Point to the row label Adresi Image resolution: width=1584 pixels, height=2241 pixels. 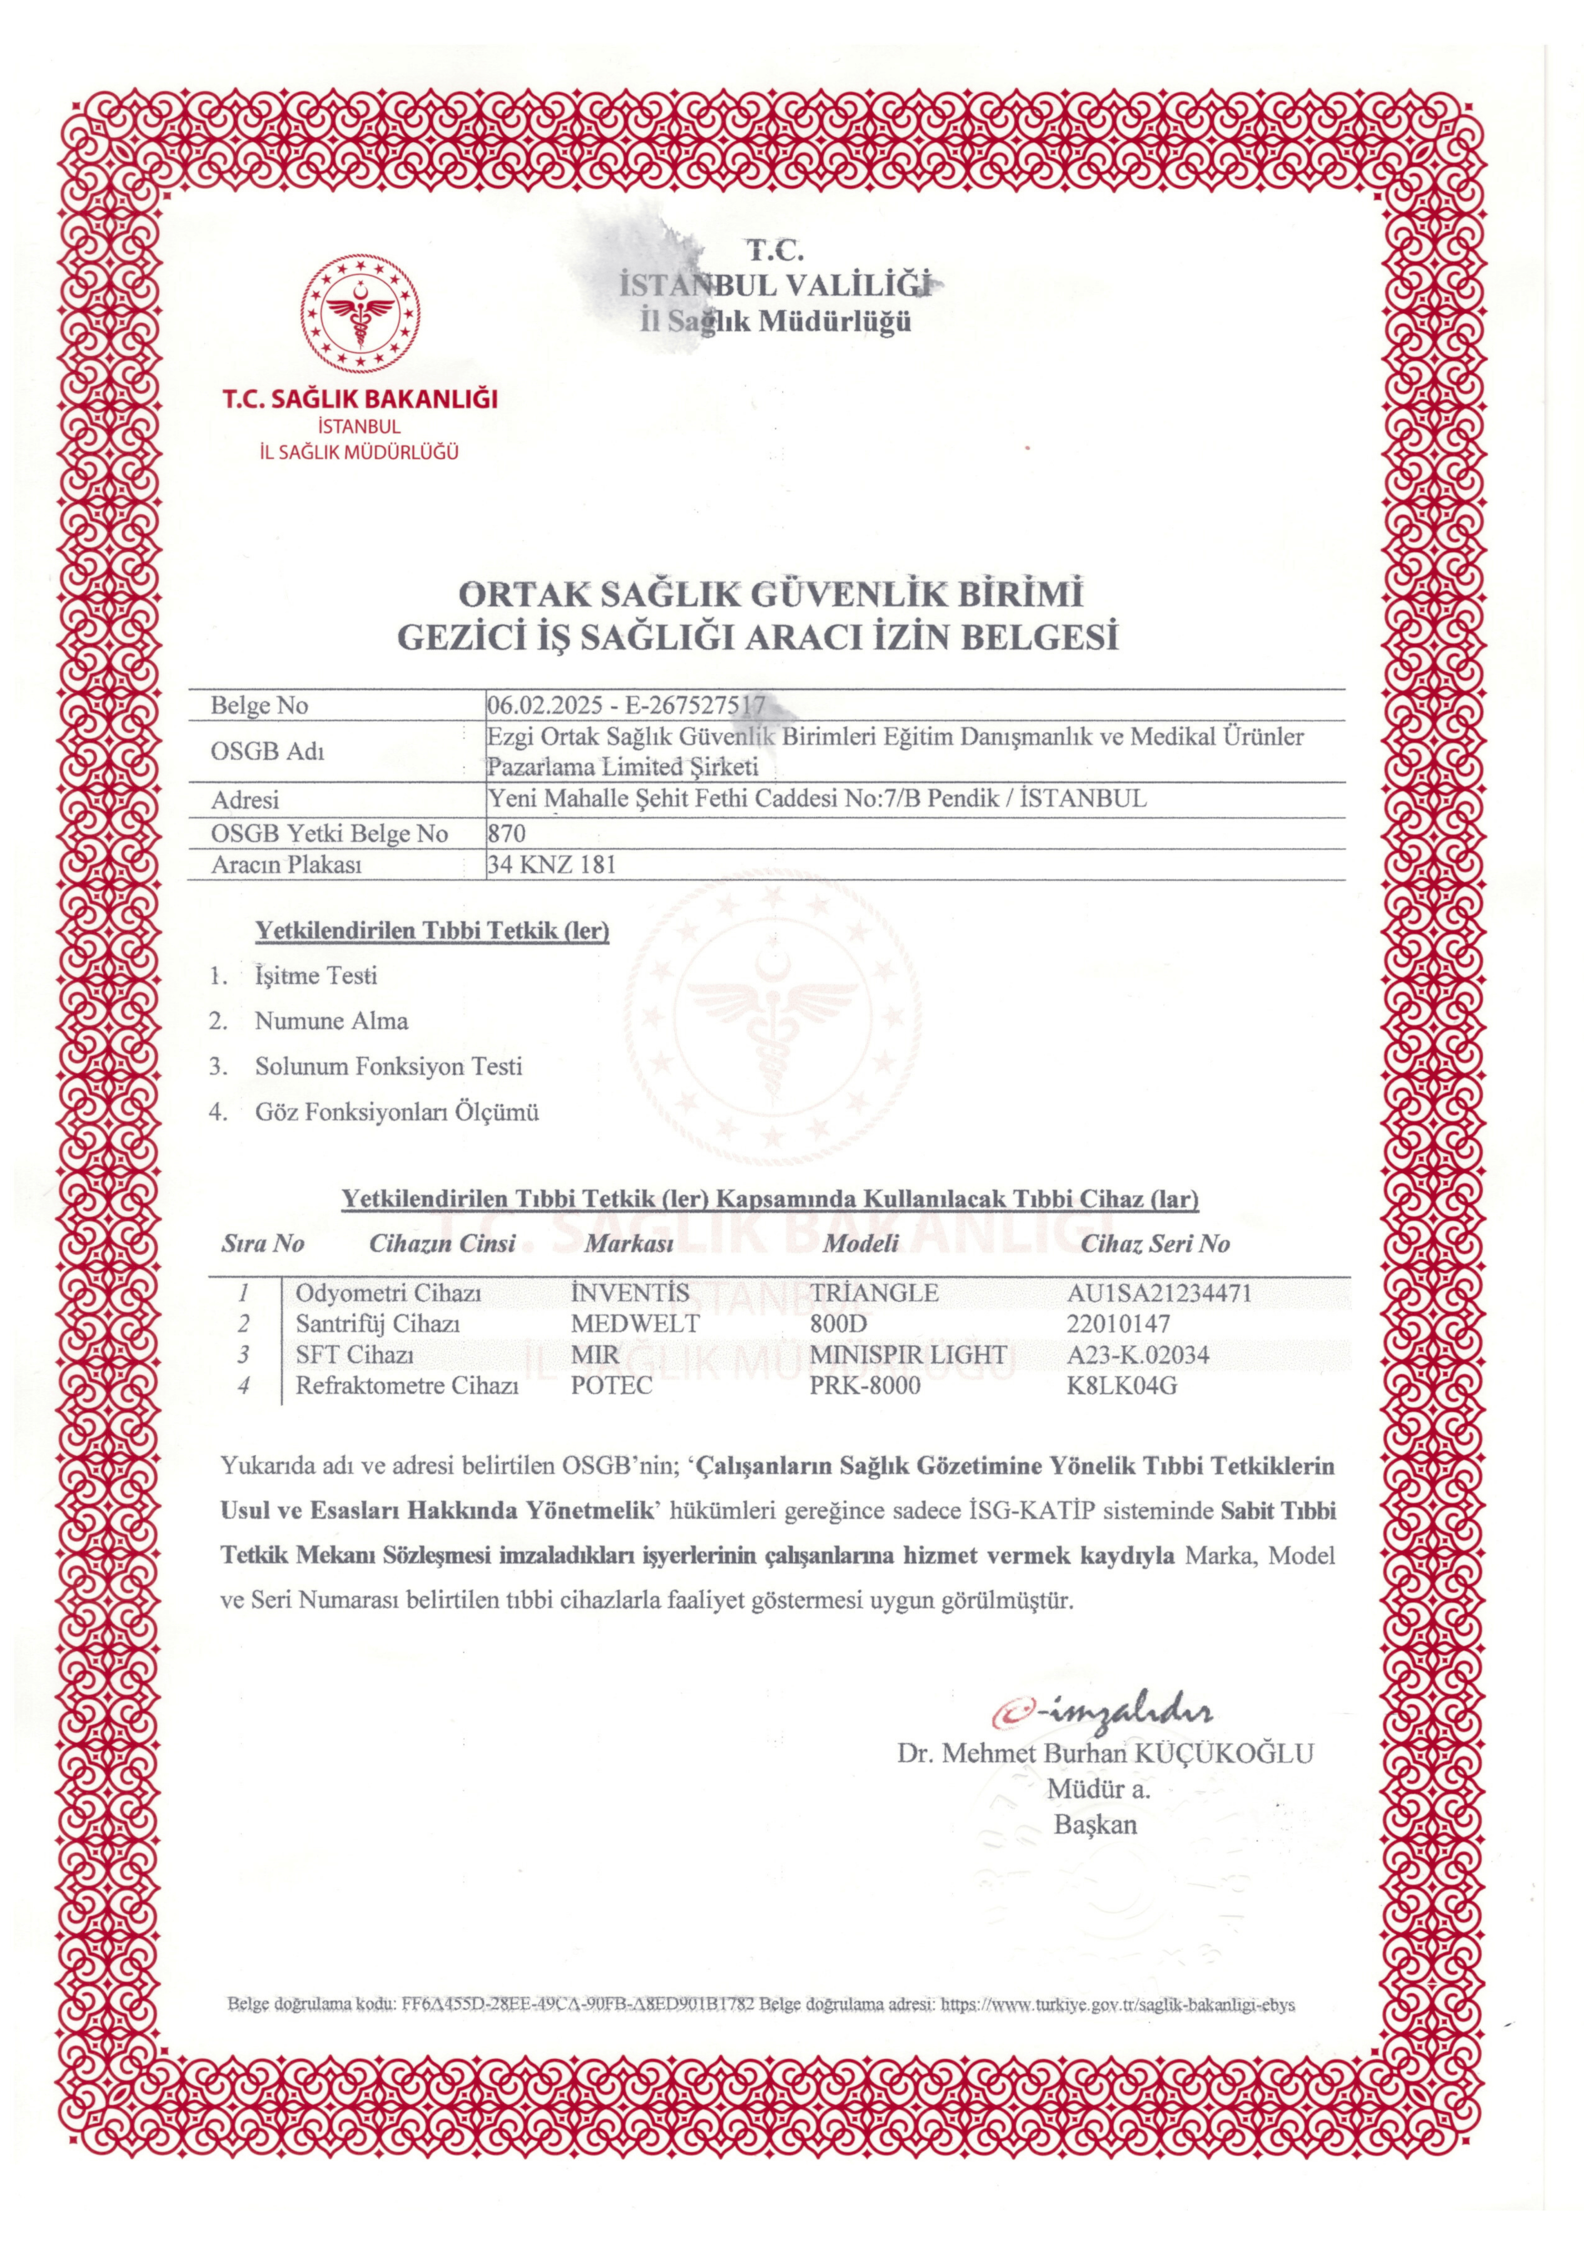tap(245, 800)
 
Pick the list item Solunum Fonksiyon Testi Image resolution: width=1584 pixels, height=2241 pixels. tap(389, 1066)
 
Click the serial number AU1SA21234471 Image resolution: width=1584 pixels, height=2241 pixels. tap(1160, 1293)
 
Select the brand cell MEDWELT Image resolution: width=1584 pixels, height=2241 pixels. tap(636, 1325)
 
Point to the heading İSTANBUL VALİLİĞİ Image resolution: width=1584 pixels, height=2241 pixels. tap(772, 285)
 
